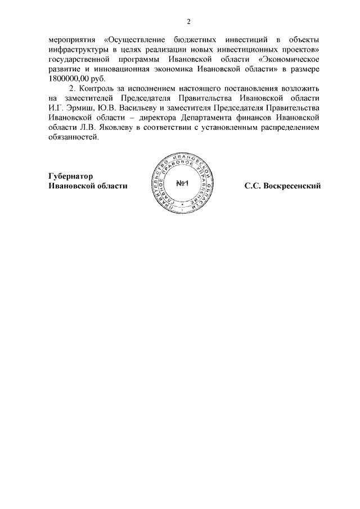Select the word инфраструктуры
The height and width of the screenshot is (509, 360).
pyautogui.click(x=78, y=49)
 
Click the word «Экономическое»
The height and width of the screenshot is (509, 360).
pyautogui.click(x=289, y=59)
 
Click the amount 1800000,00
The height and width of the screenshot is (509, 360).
pyautogui.click(x=70, y=78)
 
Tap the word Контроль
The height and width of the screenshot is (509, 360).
pyautogui.click(x=102, y=88)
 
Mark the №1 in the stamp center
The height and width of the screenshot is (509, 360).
pyautogui.click(x=184, y=184)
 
